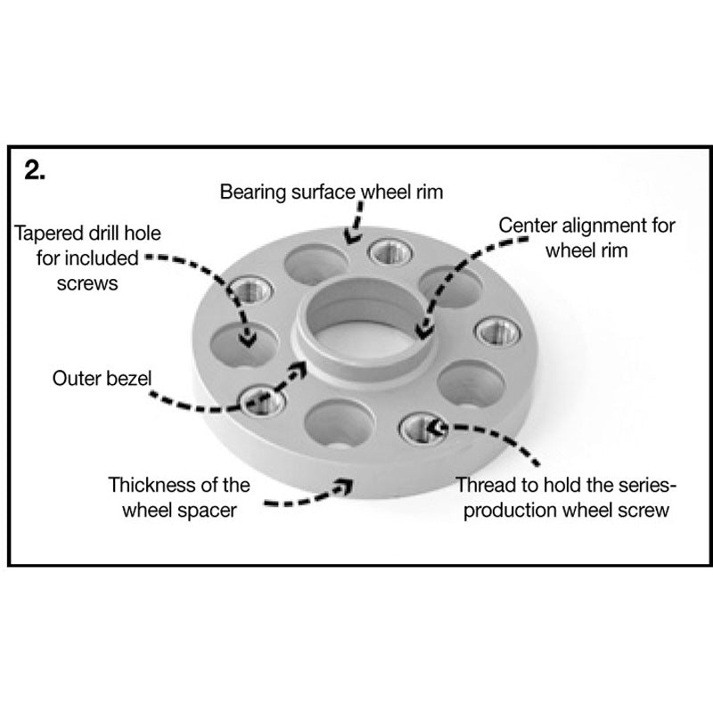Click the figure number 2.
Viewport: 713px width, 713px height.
(37, 170)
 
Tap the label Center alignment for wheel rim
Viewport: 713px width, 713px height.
(586, 237)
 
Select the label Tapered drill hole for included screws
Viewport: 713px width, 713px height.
(77, 259)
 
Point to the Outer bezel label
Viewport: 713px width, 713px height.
(101, 378)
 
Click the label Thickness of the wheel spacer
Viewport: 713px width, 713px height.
(178, 498)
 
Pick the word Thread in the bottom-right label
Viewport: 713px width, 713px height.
(481, 487)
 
